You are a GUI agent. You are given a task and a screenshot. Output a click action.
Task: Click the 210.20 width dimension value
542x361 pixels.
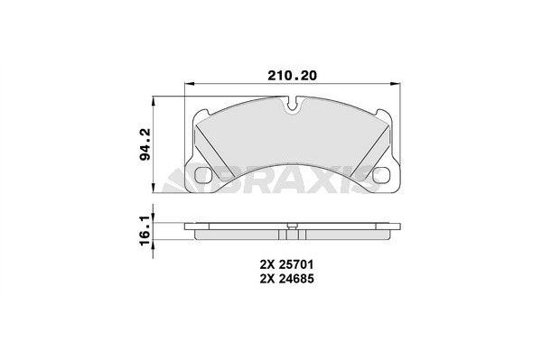tap(292, 76)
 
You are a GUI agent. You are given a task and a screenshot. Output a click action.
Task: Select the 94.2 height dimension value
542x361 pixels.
tap(145, 143)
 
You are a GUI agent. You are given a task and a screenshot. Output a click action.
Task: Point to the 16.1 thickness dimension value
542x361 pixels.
tap(145, 230)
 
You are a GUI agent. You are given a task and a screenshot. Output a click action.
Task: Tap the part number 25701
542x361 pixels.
tap(296, 265)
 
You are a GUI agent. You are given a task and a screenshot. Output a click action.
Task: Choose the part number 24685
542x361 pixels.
tap(296, 279)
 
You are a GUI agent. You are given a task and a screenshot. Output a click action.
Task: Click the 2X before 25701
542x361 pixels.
tap(267, 265)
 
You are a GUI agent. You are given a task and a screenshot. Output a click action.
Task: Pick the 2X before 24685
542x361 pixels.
tap(267, 279)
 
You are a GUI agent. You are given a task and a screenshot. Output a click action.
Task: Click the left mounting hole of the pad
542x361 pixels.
tap(205, 175)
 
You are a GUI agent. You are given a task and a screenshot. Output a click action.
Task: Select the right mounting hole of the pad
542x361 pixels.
tap(381, 175)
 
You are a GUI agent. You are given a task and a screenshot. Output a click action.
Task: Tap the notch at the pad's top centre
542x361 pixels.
tap(293, 105)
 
